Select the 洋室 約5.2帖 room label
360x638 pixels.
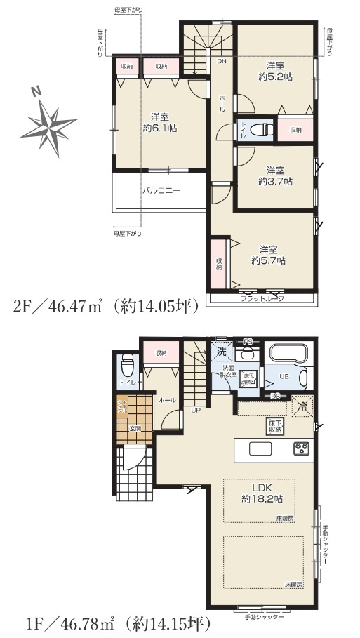(274, 70)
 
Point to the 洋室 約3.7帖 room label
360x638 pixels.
(275, 175)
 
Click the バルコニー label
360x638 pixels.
(162, 190)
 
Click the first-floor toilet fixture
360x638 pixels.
(127, 366)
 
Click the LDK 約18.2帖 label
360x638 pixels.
(263, 492)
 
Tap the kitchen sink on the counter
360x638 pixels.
(260, 448)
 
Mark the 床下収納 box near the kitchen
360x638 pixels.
(275, 425)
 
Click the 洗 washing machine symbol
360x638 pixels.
(221, 349)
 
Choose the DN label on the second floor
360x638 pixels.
(222, 62)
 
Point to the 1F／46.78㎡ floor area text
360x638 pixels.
(108, 622)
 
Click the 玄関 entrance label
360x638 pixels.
(134, 428)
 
